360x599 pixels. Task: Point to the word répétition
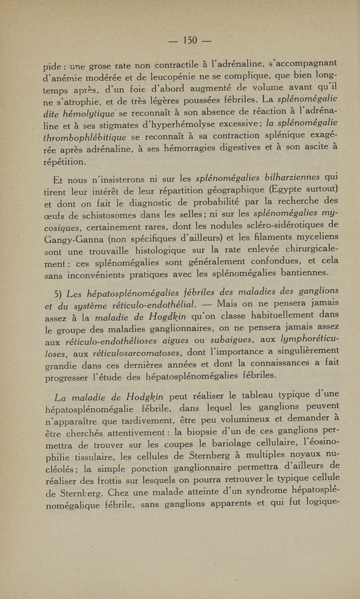(65, 161)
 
